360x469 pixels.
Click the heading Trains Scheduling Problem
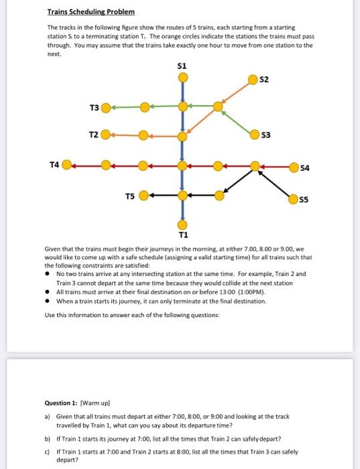91,12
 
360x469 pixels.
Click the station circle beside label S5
293,198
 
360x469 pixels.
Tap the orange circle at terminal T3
106,107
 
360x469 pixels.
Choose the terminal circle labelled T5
143,196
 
